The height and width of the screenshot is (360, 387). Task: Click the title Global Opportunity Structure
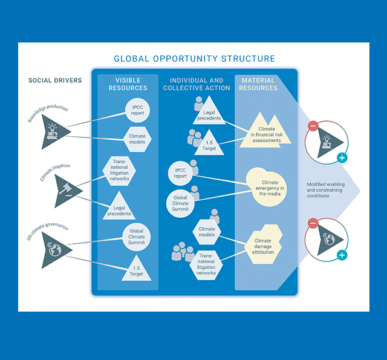pos(194,59)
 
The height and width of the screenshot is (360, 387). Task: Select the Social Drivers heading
pos(55,80)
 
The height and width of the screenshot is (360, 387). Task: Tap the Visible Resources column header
pos(128,84)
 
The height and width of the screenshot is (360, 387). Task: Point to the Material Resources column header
pos(258,84)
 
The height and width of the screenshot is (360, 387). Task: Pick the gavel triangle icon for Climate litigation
pos(67,191)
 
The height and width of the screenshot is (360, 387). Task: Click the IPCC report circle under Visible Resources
pos(137,111)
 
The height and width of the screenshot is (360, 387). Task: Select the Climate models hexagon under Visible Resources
pos(137,137)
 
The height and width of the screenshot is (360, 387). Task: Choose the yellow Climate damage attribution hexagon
pos(266,245)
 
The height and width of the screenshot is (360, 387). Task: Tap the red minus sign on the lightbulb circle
pos(313,126)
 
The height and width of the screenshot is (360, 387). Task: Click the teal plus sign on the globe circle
pos(343,255)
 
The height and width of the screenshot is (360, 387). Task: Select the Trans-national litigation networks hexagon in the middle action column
pos(206,264)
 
